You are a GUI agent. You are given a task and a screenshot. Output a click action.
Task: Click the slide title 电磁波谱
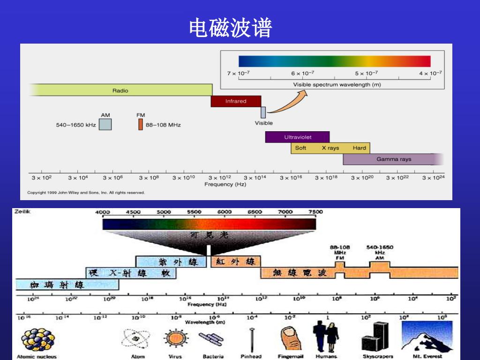[x=230, y=28]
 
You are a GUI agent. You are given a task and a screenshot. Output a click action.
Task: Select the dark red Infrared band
[x=235, y=101]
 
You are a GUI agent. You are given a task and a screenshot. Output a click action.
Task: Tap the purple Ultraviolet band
[x=297, y=137]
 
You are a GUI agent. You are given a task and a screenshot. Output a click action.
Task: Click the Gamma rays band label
[x=394, y=159]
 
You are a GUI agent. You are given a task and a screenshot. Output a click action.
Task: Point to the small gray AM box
[x=105, y=124]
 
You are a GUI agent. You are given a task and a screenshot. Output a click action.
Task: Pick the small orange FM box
[x=140, y=124]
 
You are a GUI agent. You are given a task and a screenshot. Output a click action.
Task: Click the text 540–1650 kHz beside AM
[x=76, y=125]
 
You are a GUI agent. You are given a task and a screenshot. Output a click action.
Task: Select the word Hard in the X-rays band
[x=359, y=148]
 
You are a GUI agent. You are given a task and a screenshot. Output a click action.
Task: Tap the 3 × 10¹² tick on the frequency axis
[x=219, y=178]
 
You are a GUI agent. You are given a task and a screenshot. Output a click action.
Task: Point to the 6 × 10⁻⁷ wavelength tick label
[x=302, y=73]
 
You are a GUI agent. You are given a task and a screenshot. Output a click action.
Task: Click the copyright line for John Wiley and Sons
[x=86, y=193]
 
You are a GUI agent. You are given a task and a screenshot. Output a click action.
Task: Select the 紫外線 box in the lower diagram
[x=171, y=262]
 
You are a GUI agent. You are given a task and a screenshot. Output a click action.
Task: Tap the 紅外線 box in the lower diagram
[x=235, y=262]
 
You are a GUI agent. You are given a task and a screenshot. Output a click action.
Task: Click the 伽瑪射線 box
[x=67, y=285]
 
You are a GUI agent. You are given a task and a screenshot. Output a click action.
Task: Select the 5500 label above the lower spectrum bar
[x=194, y=212]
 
